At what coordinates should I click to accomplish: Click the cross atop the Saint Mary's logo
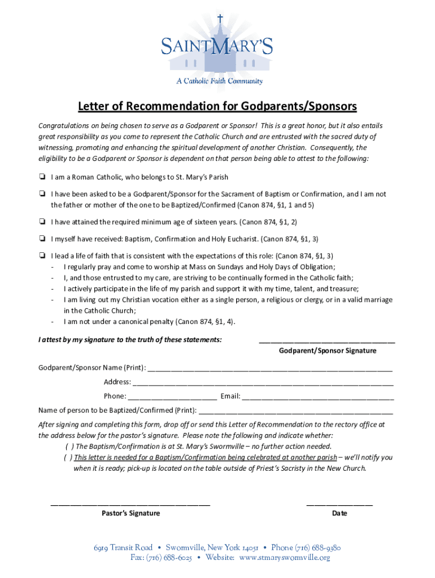(220, 19)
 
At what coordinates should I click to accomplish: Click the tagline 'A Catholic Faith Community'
(219, 81)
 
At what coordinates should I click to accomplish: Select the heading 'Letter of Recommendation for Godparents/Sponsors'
(217, 107)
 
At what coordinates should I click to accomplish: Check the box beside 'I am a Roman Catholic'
(42, 177)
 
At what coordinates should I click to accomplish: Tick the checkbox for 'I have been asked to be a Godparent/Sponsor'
(42, 194)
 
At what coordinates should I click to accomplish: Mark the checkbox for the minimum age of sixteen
(42, 222)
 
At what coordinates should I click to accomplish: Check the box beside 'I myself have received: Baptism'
(42, 239)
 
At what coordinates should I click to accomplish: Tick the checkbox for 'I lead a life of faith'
(42, 255)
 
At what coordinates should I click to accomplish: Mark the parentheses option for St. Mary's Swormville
(67, 446)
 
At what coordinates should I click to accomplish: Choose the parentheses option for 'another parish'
(67, 458)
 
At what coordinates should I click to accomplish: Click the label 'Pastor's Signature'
(130, 513)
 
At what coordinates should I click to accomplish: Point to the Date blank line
(339, 503)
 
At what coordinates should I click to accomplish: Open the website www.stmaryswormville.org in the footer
(284, 558)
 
